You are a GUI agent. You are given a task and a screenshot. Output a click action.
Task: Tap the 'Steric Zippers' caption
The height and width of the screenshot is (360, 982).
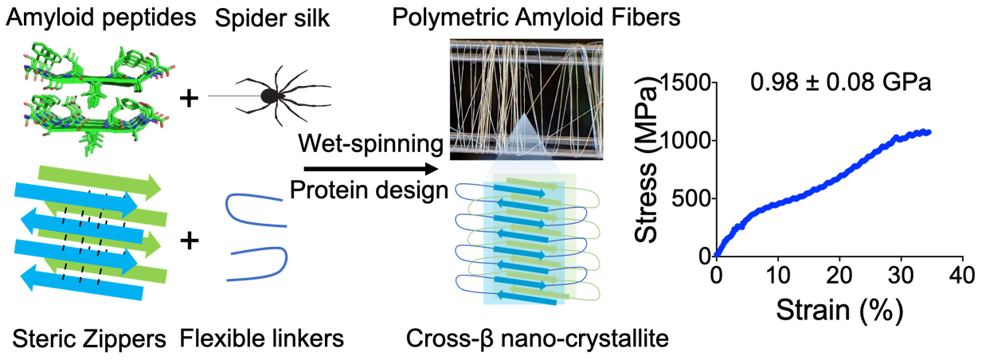[89, 339]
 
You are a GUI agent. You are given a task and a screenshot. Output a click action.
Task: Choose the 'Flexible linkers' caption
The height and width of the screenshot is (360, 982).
[262, 339]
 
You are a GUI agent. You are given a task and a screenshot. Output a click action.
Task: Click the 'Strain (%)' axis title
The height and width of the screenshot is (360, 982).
[839, 307]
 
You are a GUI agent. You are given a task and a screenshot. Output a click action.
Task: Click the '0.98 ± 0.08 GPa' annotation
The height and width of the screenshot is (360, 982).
[841, 83]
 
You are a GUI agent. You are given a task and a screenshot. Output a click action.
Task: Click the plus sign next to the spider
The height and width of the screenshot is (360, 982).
[190, 98]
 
